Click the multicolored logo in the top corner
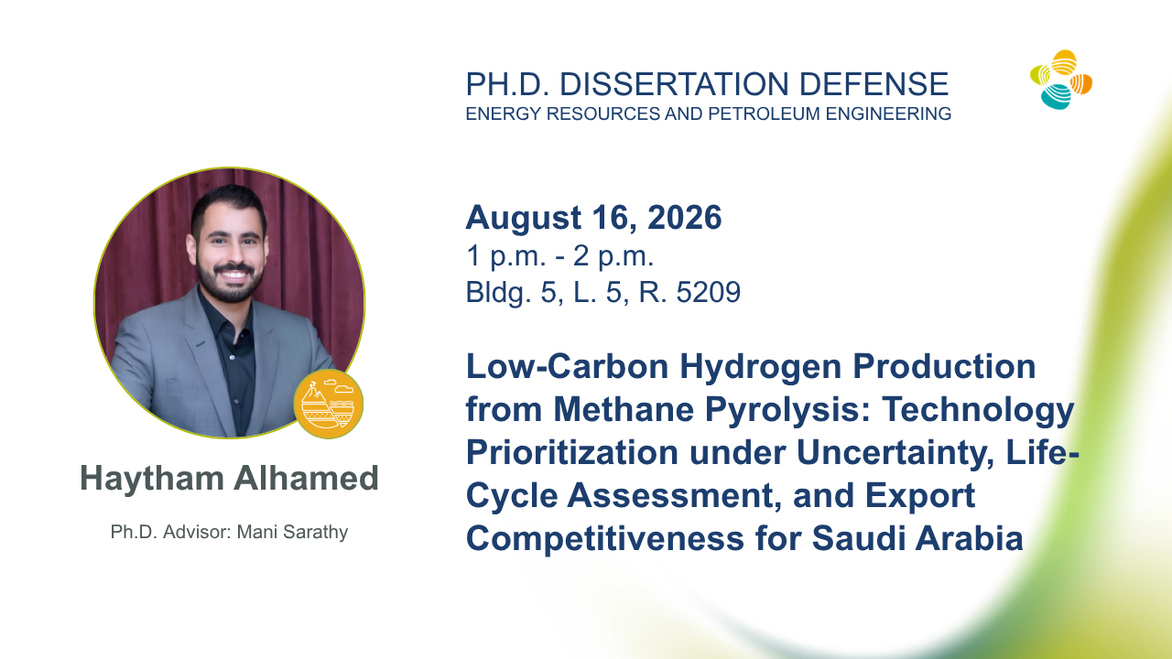point(1061,80)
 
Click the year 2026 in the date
point(684,217)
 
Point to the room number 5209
point(709,292)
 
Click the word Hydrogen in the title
point(760,368)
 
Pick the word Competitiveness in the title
point(605,539)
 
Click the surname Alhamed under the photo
point(306,478)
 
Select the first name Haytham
point(152,479)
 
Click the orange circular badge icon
point(328,405)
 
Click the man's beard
point(230,283)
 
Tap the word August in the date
point(523,218)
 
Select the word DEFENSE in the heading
point(874,84)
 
